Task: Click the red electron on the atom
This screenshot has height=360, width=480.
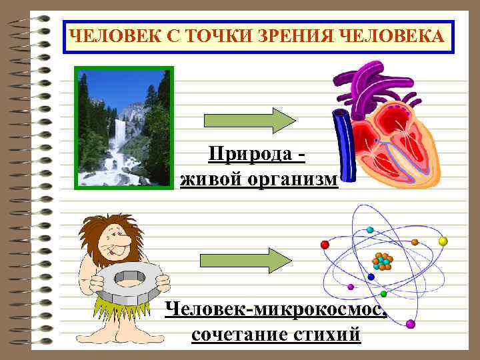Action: coord(325,245)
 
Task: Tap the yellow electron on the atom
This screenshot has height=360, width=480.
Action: coord(443,241)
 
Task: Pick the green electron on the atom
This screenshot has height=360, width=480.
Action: coord(383,294)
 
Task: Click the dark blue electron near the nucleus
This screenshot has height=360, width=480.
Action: coord(371,277)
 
